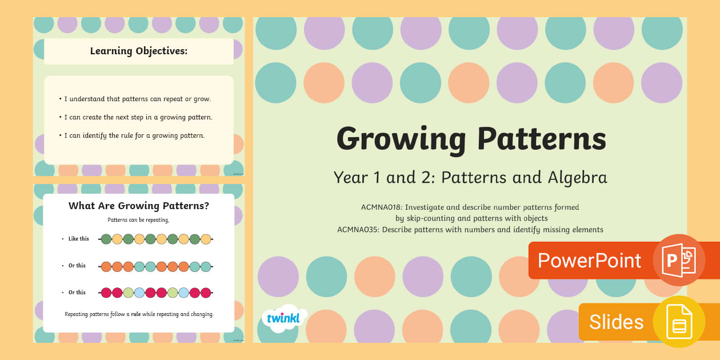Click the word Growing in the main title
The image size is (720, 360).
(401, 139)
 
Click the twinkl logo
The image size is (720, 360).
(283, 318)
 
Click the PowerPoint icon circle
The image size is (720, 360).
(679, 260)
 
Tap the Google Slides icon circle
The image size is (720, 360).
(679, 322)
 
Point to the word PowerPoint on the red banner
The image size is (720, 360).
(589, 261)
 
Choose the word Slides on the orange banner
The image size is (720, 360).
(616, 322)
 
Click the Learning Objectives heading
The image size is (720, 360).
(139, 51)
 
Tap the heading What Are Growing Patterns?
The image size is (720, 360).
(139, 206)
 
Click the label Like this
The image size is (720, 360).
(78, 239)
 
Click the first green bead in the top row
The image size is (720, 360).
(106, 239)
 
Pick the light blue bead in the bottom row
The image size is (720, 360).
(183, 293)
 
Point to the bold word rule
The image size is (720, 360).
(136, 314)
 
